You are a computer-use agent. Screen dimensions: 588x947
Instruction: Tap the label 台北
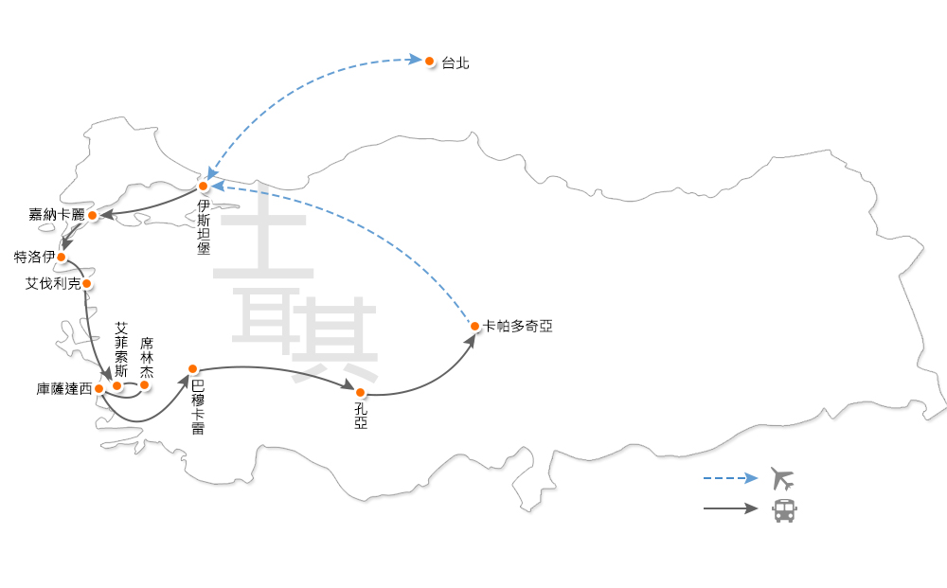point(455,63)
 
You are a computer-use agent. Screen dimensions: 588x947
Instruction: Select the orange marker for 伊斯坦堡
point(203,187)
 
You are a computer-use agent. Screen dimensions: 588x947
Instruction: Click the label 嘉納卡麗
point(57,215)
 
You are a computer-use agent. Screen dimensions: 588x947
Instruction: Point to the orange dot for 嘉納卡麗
point(92,216)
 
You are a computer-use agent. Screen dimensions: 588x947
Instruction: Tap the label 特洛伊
point(34,257)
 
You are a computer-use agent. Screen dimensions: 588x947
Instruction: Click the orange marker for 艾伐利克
point(86,283)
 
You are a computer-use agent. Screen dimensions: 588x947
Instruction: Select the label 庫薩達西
point(64,389)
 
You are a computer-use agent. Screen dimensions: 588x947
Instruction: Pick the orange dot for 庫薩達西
point(99,388)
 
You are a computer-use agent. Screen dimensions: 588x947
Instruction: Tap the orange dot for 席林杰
point(145,384)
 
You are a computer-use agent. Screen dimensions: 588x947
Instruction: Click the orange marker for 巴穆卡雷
point(192,368)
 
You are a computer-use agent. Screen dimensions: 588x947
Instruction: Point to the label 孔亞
point(361,414)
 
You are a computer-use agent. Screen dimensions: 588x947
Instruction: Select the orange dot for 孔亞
point(360,392)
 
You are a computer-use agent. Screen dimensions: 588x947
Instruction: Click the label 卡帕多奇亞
point(517,326)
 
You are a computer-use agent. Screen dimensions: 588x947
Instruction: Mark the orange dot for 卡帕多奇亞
point(474,327)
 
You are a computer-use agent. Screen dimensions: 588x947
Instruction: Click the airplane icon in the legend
point(783,477)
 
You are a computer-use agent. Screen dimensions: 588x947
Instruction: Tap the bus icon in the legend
point(784,509)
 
